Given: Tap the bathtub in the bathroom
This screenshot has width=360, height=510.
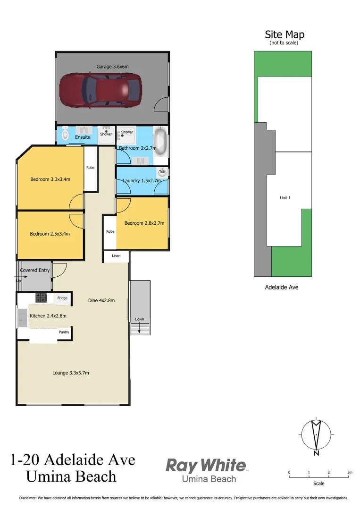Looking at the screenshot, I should (x=161, y=141).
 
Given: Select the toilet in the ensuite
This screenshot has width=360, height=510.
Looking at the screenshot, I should (x=65, y=135).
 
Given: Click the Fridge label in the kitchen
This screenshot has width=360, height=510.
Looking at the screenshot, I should (x=62, y=298).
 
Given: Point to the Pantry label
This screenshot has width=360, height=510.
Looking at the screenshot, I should (x=64, y=332).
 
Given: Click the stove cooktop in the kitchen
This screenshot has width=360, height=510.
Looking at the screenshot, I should (x=42, y=297).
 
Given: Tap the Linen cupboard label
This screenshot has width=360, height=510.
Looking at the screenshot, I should (x=116, y=256).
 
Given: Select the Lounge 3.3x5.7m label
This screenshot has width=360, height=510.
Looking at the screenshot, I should (x=71, y=373).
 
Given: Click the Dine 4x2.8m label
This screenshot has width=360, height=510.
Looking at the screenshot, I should (x=101, y=300).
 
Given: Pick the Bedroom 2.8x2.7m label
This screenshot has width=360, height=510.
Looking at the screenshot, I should (x=144, y=223).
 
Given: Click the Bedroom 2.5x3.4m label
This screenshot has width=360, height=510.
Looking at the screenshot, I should (x=50, y=234).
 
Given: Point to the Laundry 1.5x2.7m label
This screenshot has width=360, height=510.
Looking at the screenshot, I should (x=142, y=180).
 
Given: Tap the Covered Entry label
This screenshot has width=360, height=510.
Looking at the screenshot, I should (x=35, y=270).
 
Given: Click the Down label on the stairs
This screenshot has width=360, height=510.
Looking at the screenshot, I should (x=139, y=319).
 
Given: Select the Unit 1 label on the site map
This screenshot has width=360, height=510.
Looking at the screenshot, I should (x=285, y=198).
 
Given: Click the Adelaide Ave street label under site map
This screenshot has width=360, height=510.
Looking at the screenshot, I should (x=282, y=287).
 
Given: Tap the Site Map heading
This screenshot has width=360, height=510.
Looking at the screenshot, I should (x=285, y=34).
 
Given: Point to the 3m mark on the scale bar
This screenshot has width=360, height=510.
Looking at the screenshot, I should (x=349, y=472).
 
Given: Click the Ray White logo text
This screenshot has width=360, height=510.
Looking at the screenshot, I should (x=206, y=466).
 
